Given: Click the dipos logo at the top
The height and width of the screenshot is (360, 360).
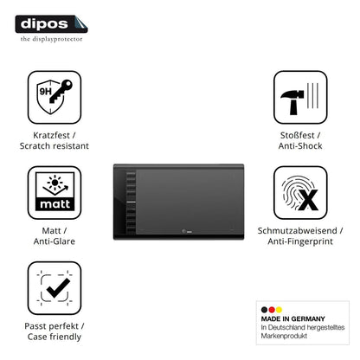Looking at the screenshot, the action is coord(51,24).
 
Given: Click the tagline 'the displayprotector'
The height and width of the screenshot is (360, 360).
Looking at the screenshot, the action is coord(51,39).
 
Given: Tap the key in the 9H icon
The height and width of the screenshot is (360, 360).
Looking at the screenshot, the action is coord(61,92).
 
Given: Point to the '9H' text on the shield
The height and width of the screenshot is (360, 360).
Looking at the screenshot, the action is coord(45,92).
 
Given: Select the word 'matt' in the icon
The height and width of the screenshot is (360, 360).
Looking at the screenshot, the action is coord(55,204).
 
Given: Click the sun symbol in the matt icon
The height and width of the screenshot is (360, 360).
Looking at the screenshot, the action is coord(55,183).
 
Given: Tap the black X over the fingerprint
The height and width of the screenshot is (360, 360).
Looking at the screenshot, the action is coord(308,200).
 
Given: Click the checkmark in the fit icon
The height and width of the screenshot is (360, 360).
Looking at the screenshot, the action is coord(58,288).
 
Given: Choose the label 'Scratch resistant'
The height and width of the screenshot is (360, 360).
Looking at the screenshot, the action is coord(55,146).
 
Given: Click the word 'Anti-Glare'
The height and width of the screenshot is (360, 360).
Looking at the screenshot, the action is coord(55,241).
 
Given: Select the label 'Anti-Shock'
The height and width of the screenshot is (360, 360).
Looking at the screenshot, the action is coord(300,146).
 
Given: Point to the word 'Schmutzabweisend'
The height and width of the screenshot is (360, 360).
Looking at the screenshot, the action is coord(297,230).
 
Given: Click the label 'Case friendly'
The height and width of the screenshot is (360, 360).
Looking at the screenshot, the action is coord(55,337).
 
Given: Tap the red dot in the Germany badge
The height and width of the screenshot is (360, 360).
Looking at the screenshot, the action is coord(272,310).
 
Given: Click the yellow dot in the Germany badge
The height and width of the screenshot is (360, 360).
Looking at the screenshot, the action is coord(279,310).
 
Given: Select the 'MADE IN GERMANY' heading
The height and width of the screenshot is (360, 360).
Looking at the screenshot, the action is coord(292,318).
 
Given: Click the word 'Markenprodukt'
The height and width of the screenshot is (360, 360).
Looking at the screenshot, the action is coord(284,336).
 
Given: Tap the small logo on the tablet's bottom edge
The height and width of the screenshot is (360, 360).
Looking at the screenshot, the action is coord(187,231).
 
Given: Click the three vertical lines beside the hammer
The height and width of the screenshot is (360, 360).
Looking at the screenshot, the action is coord(312,95).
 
